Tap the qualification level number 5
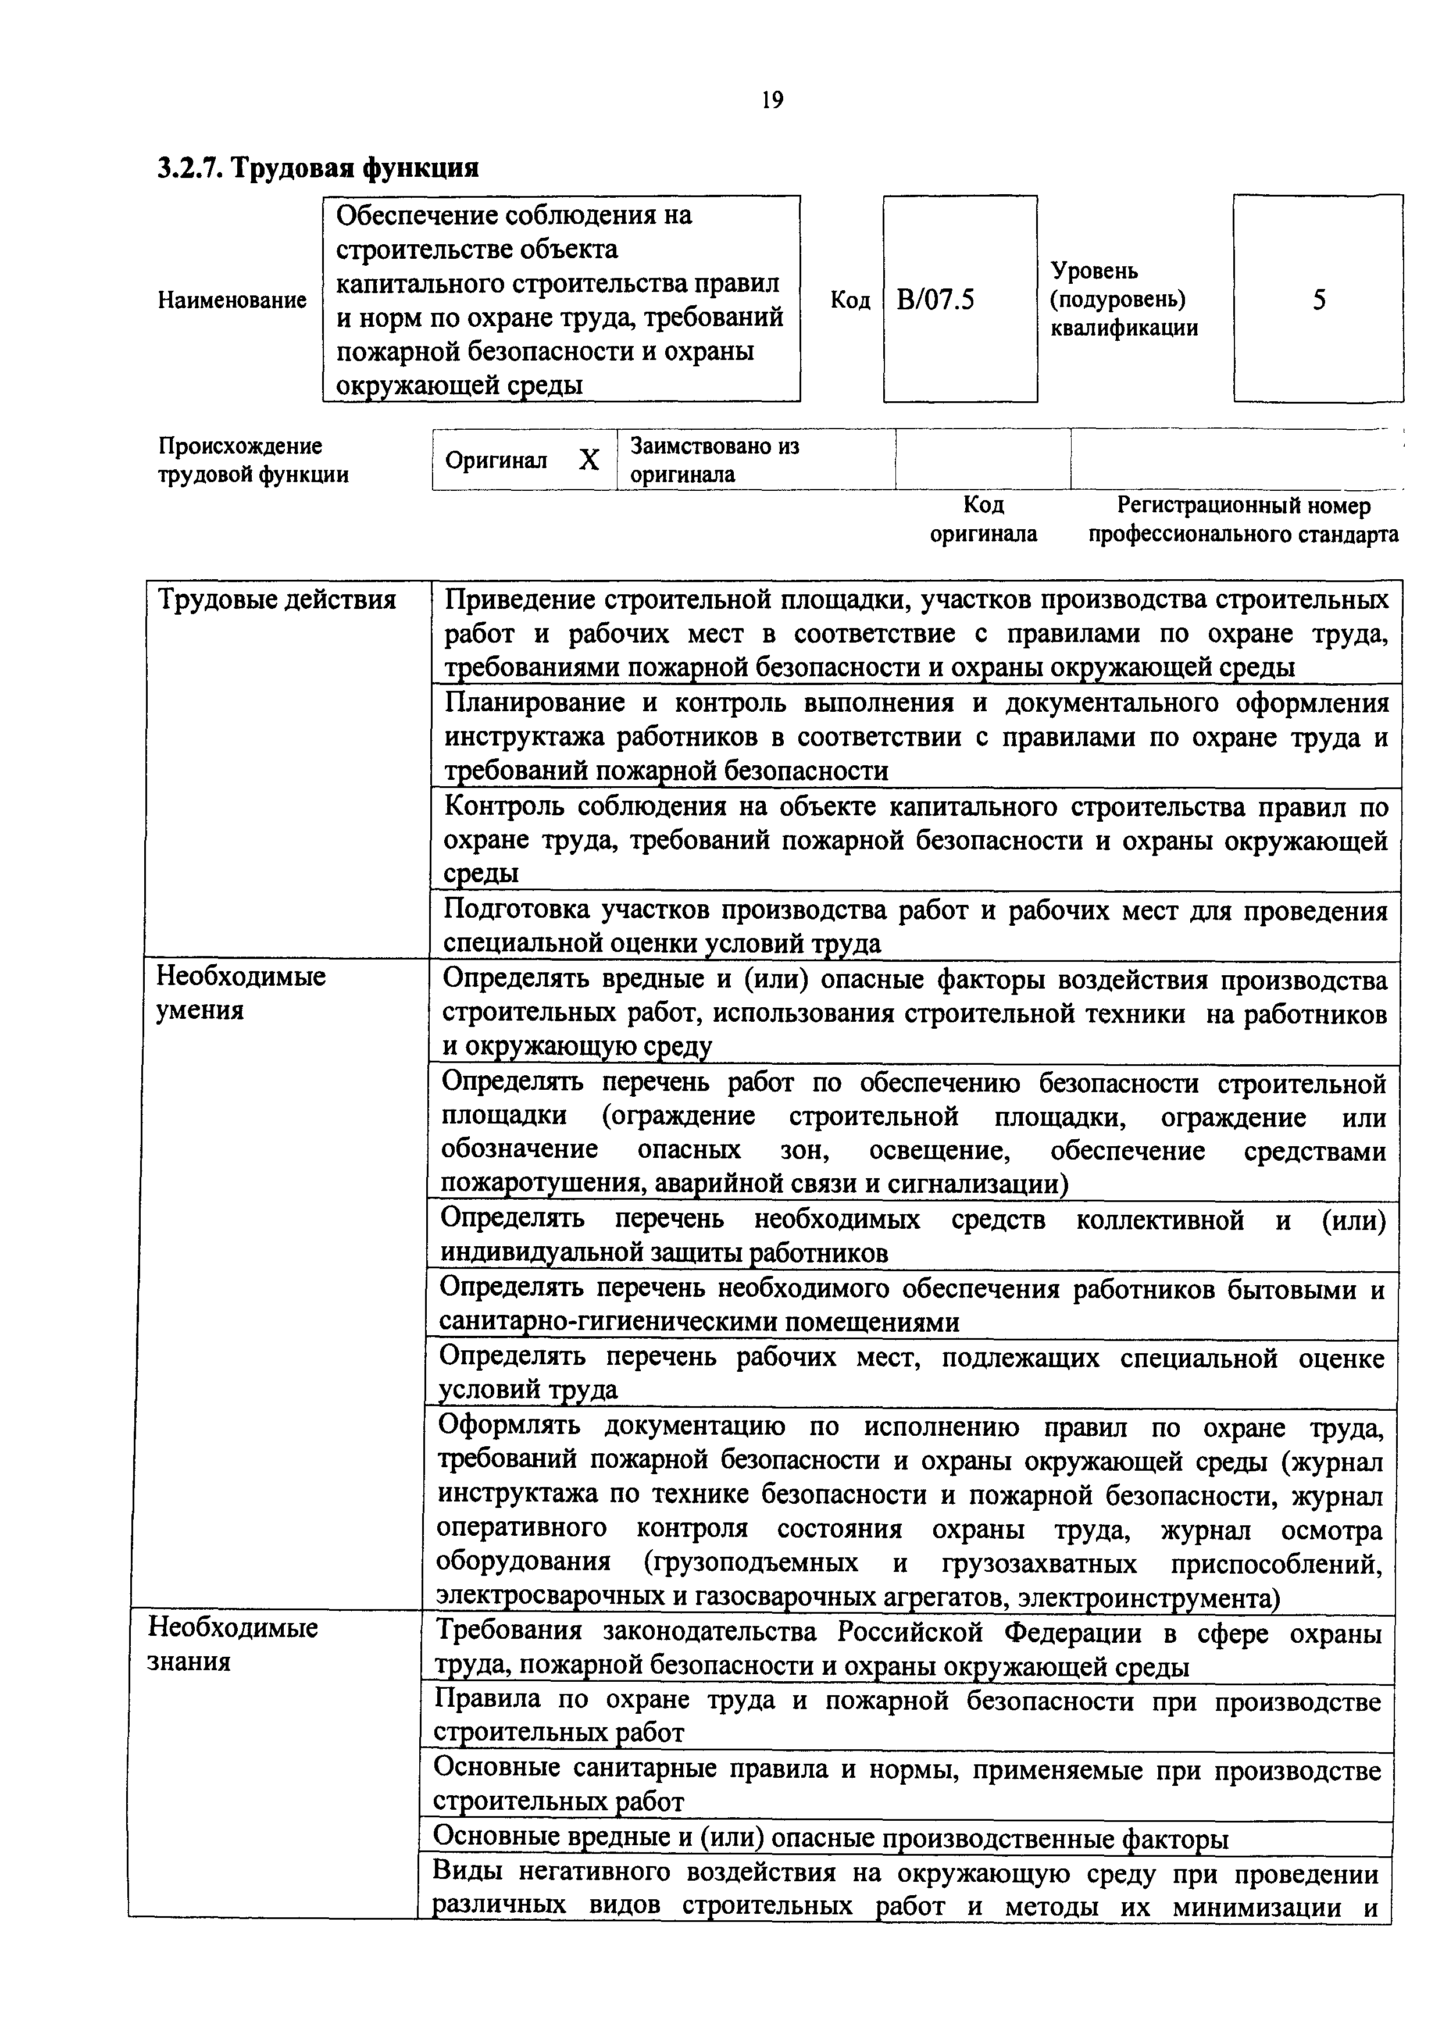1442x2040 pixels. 1319,300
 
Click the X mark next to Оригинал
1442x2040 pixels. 589,460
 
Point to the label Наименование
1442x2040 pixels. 232,300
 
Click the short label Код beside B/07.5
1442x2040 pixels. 850,300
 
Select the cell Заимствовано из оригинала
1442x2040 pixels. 715,459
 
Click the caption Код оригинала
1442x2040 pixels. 984,520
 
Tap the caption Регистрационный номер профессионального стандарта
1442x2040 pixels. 1243,520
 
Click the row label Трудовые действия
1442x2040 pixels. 276,601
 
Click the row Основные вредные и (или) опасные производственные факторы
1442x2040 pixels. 831,1838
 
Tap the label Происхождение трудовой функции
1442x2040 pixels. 253,460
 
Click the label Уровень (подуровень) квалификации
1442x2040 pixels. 1124,299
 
